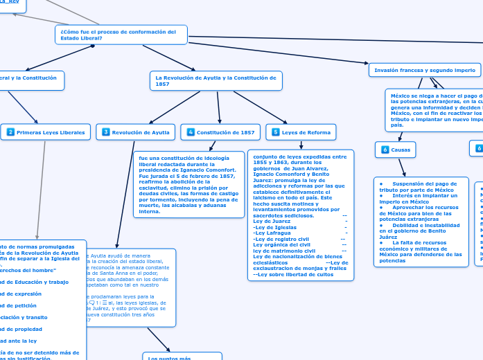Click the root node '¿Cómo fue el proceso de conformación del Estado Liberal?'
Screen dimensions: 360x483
tap(121, 35)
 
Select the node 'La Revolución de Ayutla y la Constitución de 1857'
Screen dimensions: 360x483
tap(216, 80)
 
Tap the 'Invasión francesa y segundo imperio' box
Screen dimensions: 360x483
tap(424, 70)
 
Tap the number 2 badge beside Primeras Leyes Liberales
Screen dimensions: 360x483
tap(10, 132)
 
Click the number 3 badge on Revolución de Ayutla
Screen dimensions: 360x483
tap(106, 132)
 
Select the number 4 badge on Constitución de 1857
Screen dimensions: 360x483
tap(191, 132)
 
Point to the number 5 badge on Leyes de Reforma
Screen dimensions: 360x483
tap(276, 132)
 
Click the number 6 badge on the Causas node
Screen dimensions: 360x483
tap(385, 149)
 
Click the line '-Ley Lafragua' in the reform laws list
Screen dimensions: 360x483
tap(272, 233)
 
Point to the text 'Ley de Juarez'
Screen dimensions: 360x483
tap(272, 221)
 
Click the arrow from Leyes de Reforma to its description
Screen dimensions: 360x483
tap(301, 145)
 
